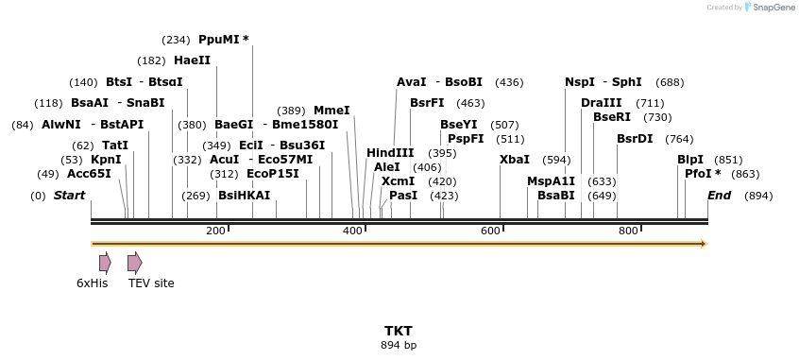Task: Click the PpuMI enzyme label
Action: coord(223,40)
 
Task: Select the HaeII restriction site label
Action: coord(192,60)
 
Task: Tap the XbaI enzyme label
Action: coord(514,160)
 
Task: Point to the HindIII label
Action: coord(390,153)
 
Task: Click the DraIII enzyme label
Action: coord(601,103)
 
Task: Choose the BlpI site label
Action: coord(690,160)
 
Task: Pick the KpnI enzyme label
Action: coord(106,160)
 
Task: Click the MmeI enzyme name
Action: coord(331,111)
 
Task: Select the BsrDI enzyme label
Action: coord(635,139)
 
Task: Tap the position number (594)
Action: coord(556,160)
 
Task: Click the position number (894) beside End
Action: coord(758,196)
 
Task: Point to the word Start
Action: coord(69,196)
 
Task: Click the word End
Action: coord(719,196)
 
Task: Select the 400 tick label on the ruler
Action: coord(352,231)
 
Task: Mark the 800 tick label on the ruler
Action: coord(628,231)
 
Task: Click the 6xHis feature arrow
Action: coord(105,263)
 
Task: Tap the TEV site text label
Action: coord(151,283)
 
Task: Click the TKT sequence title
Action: coord(399,331)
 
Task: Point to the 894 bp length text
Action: coord(399,345)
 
